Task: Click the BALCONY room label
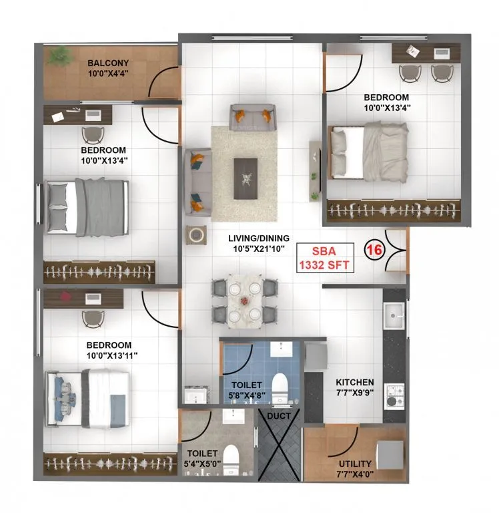pyautogui.click(x=107, y=64)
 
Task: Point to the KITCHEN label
pyautogui.click(x=354, y=381)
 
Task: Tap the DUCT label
pyautogui.click(x=279, y=415)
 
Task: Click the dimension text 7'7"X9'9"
pyautogui.click(x=354, y=393)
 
